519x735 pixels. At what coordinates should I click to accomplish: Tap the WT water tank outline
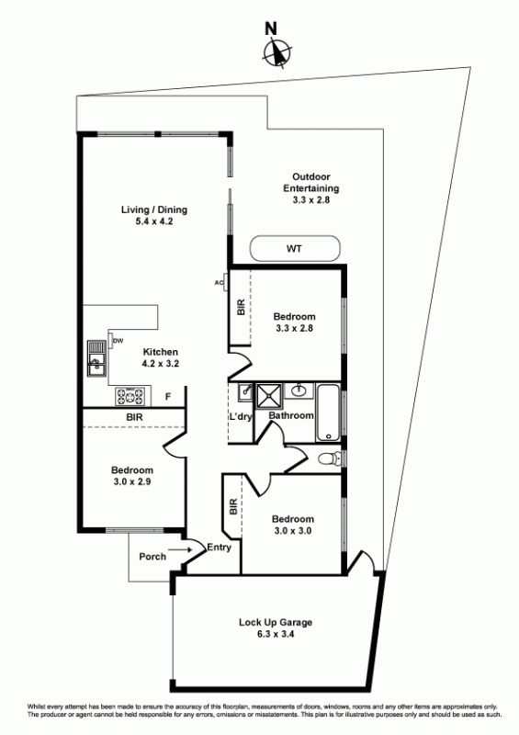tap(295, 236)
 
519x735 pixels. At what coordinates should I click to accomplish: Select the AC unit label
tap(218, 282)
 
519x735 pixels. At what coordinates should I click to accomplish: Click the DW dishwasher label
tap(118, 341)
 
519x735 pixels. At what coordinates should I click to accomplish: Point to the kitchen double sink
tap(96, 358)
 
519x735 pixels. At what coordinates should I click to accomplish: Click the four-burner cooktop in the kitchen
tap(130, 397)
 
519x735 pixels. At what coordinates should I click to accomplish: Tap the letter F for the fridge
tap(168, 397)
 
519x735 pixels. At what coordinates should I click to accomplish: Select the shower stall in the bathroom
tap(269, 397)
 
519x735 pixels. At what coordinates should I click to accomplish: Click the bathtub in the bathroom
tap(328, 413)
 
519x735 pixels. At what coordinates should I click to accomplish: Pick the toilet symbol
tap(331, 458)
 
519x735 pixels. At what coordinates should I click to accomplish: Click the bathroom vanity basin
tap(299, 390)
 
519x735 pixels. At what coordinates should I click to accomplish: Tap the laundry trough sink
tap(244, 392)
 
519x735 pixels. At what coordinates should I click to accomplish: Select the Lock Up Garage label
tap(276, 623)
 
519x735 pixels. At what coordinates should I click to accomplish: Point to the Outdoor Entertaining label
tap(310, 182)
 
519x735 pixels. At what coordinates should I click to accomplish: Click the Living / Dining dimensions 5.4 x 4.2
tap(154, 221)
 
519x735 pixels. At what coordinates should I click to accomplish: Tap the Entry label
tap(219, 547)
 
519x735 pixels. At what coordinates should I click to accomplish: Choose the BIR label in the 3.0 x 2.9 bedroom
tap(134, 417)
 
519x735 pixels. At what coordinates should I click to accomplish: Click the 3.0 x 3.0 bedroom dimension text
tap(292, 531)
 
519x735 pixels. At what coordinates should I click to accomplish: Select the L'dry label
tap(241, 416)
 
